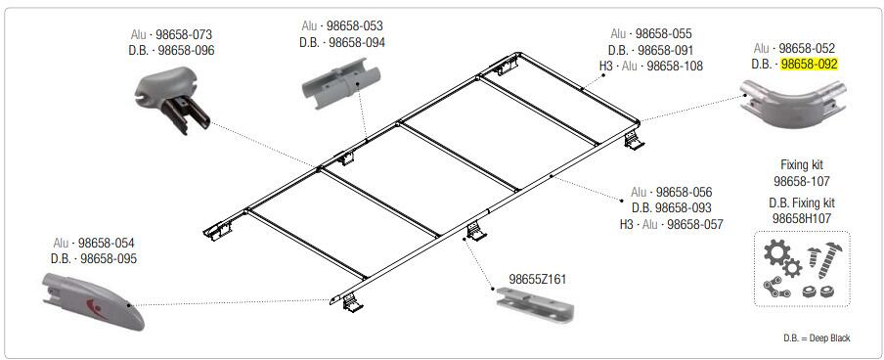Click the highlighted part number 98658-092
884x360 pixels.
click(809, 65)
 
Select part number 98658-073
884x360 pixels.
click(185, 35)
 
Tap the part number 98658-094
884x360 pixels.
click(357, 42)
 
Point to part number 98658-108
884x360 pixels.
click(675, 66)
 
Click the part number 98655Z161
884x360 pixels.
click(537, 280)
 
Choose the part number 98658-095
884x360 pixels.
click(109, 258)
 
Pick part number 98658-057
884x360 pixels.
click(694, 225)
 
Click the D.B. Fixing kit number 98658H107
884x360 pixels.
click(802, 218)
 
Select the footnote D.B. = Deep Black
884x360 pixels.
click(817, 338)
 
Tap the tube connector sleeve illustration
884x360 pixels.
click(340, 83)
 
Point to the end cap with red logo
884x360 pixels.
click(93, 299)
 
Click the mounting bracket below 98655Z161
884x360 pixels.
click(535, 304)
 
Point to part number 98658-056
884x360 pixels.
click(684, 193)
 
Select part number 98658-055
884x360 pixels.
click(664, 34)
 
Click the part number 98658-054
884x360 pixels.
click(107, 244)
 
